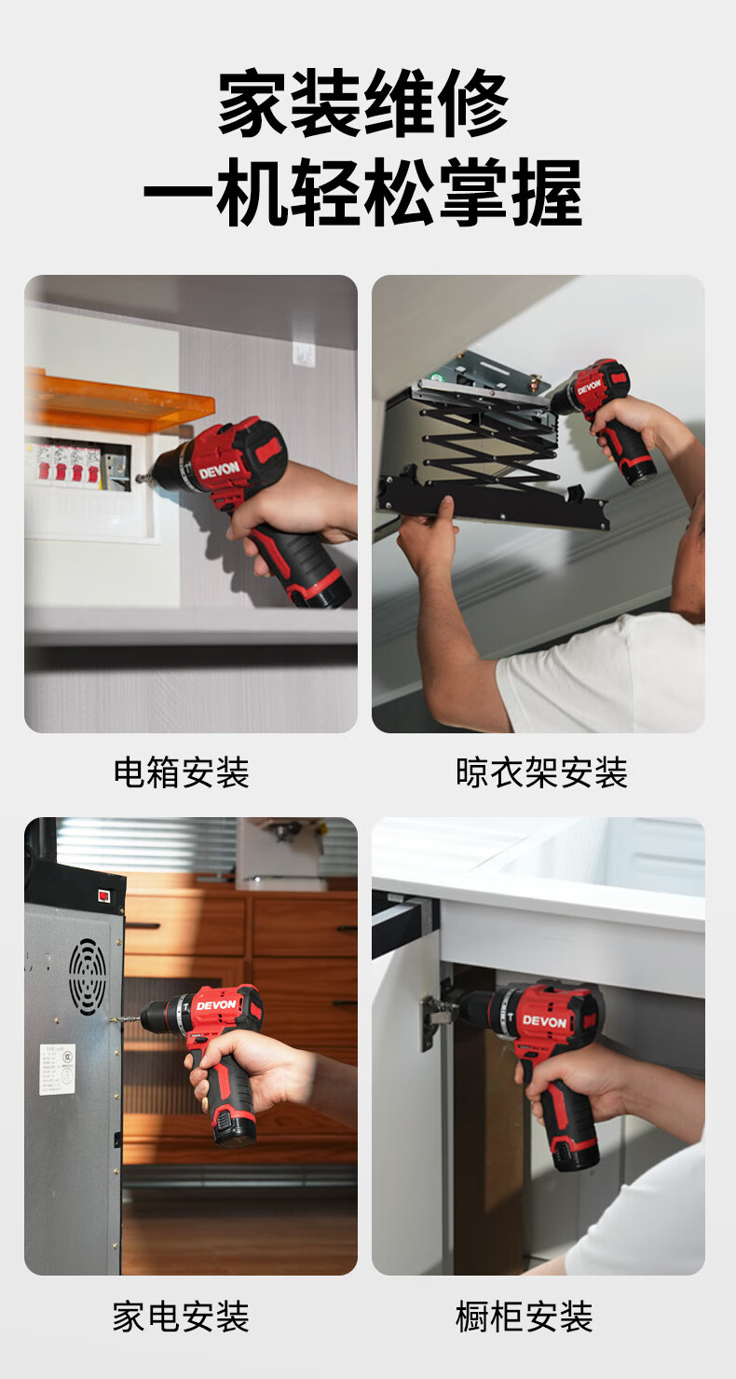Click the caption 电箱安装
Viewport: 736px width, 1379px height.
(182, 772)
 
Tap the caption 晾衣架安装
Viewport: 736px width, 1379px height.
(541, 772)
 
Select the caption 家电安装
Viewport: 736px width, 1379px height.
(181, 1317)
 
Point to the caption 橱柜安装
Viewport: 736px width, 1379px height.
(525, 1317)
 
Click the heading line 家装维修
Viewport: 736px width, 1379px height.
(363, 103)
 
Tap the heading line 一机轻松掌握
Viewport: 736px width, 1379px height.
(363, 192)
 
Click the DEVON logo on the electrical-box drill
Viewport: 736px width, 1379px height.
(219, 471)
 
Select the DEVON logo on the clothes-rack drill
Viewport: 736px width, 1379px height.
(589, 387)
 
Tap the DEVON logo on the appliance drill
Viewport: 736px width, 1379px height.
(216, 1005)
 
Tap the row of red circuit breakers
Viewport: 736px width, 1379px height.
(68, 462)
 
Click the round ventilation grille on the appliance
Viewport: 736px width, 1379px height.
(88, 977)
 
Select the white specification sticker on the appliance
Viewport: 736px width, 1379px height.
(57, 1069)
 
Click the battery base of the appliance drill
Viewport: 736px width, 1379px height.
(234, 1131)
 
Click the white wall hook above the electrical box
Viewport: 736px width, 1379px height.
(304, 352)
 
